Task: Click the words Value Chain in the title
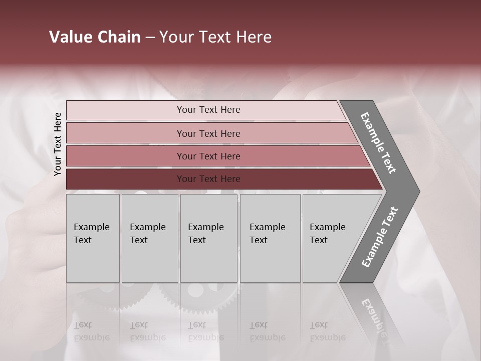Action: [x=95, y=37]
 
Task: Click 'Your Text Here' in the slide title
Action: [x=215, y=37]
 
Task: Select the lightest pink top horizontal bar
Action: [x=208, y=110]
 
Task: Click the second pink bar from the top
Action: [x=208, y=133]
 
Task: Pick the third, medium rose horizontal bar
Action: [x=208, y=156]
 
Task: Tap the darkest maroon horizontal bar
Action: [x=208, y=179]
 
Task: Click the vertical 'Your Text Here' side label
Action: [x=58, y=144]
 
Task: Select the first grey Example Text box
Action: [x=93, y=238]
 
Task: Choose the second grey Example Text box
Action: [x=149, y=238]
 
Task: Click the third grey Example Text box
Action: [x=208, y=238]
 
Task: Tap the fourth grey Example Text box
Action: [x=270, y=238]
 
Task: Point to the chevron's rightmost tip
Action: [x=419, y=191]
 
